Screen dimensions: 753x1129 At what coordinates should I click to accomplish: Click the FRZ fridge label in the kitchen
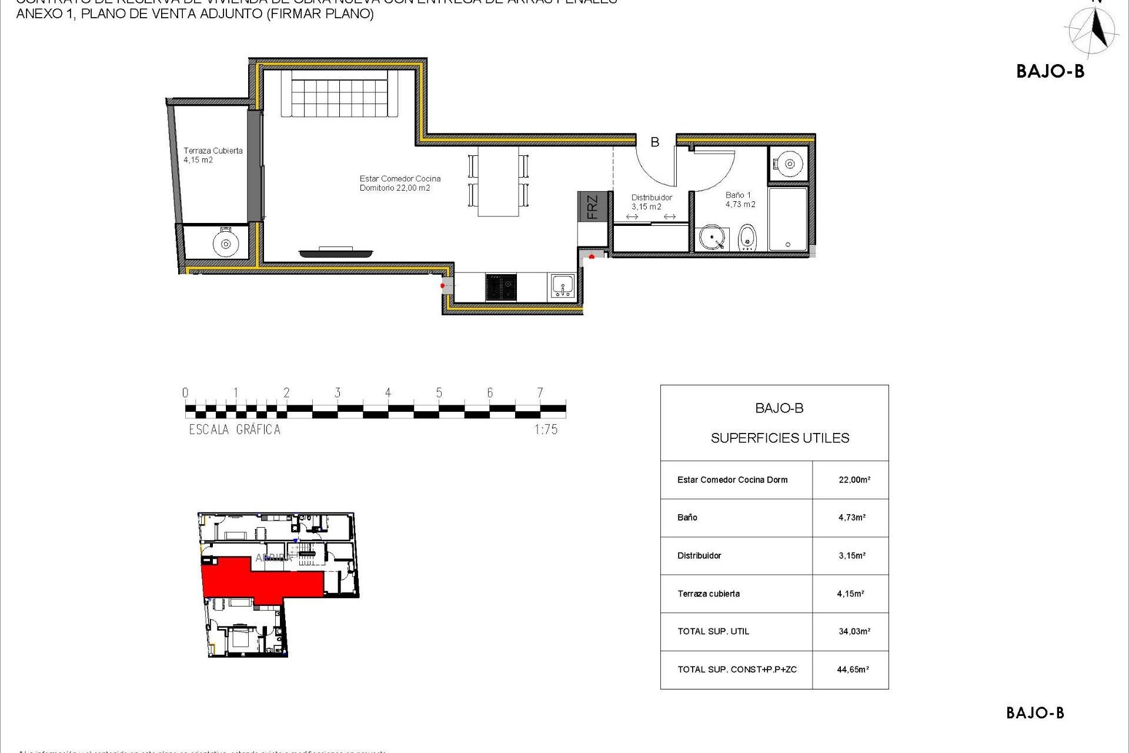[592, 206]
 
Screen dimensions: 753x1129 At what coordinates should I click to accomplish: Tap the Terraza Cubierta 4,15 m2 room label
[212, 155]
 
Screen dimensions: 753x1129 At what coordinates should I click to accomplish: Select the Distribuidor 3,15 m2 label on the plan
[651, 202]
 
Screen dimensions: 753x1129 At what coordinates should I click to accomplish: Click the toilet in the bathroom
[747, 238]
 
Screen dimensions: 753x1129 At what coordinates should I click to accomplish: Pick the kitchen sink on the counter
[563, 286]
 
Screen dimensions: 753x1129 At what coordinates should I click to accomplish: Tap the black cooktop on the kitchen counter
[501, 287]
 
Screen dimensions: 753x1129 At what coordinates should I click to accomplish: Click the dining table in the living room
[498, 181]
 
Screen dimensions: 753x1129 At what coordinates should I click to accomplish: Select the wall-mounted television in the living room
[336, 253]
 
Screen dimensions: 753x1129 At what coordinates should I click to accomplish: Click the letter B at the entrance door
[654, 142]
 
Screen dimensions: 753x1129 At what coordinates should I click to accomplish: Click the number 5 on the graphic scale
[439, 393]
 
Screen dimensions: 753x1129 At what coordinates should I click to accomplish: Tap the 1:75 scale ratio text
[546, 430]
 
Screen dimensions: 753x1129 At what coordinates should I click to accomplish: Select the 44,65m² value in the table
[853, 669]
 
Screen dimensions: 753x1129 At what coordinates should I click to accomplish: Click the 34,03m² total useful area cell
[854, 631]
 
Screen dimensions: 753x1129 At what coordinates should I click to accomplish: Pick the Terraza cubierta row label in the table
[709, 594]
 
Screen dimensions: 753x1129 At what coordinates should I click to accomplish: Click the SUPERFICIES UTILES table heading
[780, 438]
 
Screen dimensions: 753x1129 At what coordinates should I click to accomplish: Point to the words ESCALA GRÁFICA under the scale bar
[235, 430]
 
